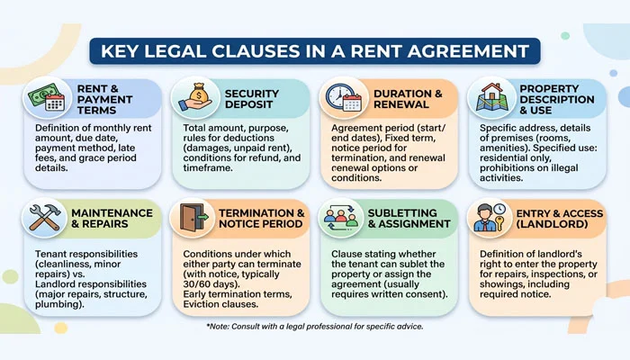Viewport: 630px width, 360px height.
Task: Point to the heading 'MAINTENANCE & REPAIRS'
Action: [x=112, y=220]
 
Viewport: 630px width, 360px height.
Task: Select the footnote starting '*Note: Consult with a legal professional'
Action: [x=315, y=326]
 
